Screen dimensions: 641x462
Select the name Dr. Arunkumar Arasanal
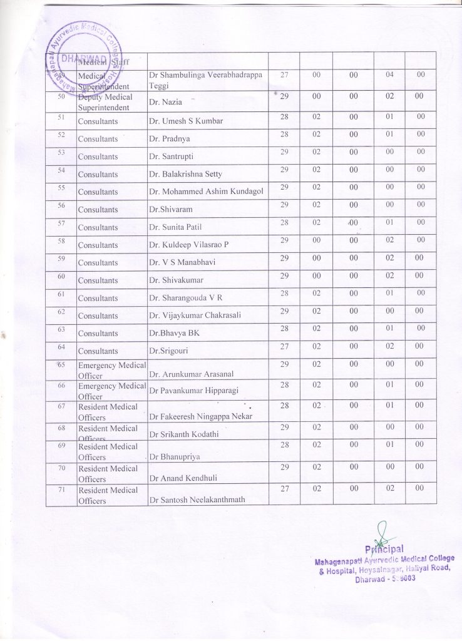pyautogui.click(x=191, y=374)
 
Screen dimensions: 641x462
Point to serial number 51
pyautogui.click(x=61, y=117)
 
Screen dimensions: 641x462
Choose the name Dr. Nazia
pyautogui.click(x=165, y=102)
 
